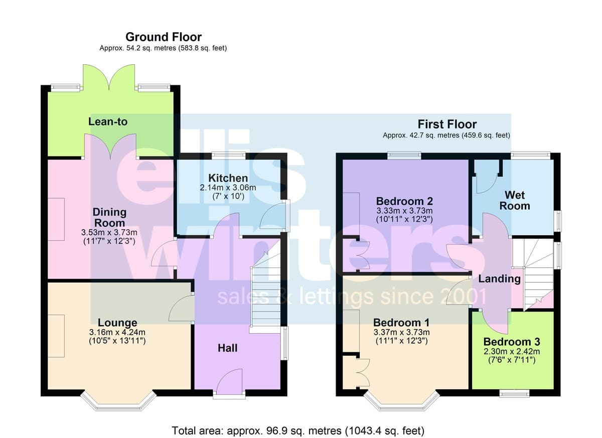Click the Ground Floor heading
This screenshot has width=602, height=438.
click(164, 37)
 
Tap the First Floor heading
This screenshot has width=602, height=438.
click(447, 124)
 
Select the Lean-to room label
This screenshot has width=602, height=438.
click(108, 122)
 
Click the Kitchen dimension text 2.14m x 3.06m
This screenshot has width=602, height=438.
click(228, 188)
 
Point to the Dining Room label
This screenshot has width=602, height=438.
click(109, 217)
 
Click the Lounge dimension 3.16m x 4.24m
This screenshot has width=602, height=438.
click(117, 332)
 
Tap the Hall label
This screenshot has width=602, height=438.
click(227, 348)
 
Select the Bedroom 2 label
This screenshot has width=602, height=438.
click(404, 201)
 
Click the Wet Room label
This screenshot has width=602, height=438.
click(515, 201)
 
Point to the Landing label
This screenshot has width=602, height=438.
click(500, 278)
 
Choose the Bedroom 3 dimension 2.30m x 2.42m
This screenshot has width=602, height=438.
click(512, 352)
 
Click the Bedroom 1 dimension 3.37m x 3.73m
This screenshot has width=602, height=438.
click(401, 332)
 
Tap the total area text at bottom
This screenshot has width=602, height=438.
click(298, 431)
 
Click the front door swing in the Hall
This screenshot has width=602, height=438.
click(230, 379)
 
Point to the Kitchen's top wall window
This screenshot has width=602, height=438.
click(229, 156)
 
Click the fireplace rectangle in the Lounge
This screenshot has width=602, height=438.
click(56, 336)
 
